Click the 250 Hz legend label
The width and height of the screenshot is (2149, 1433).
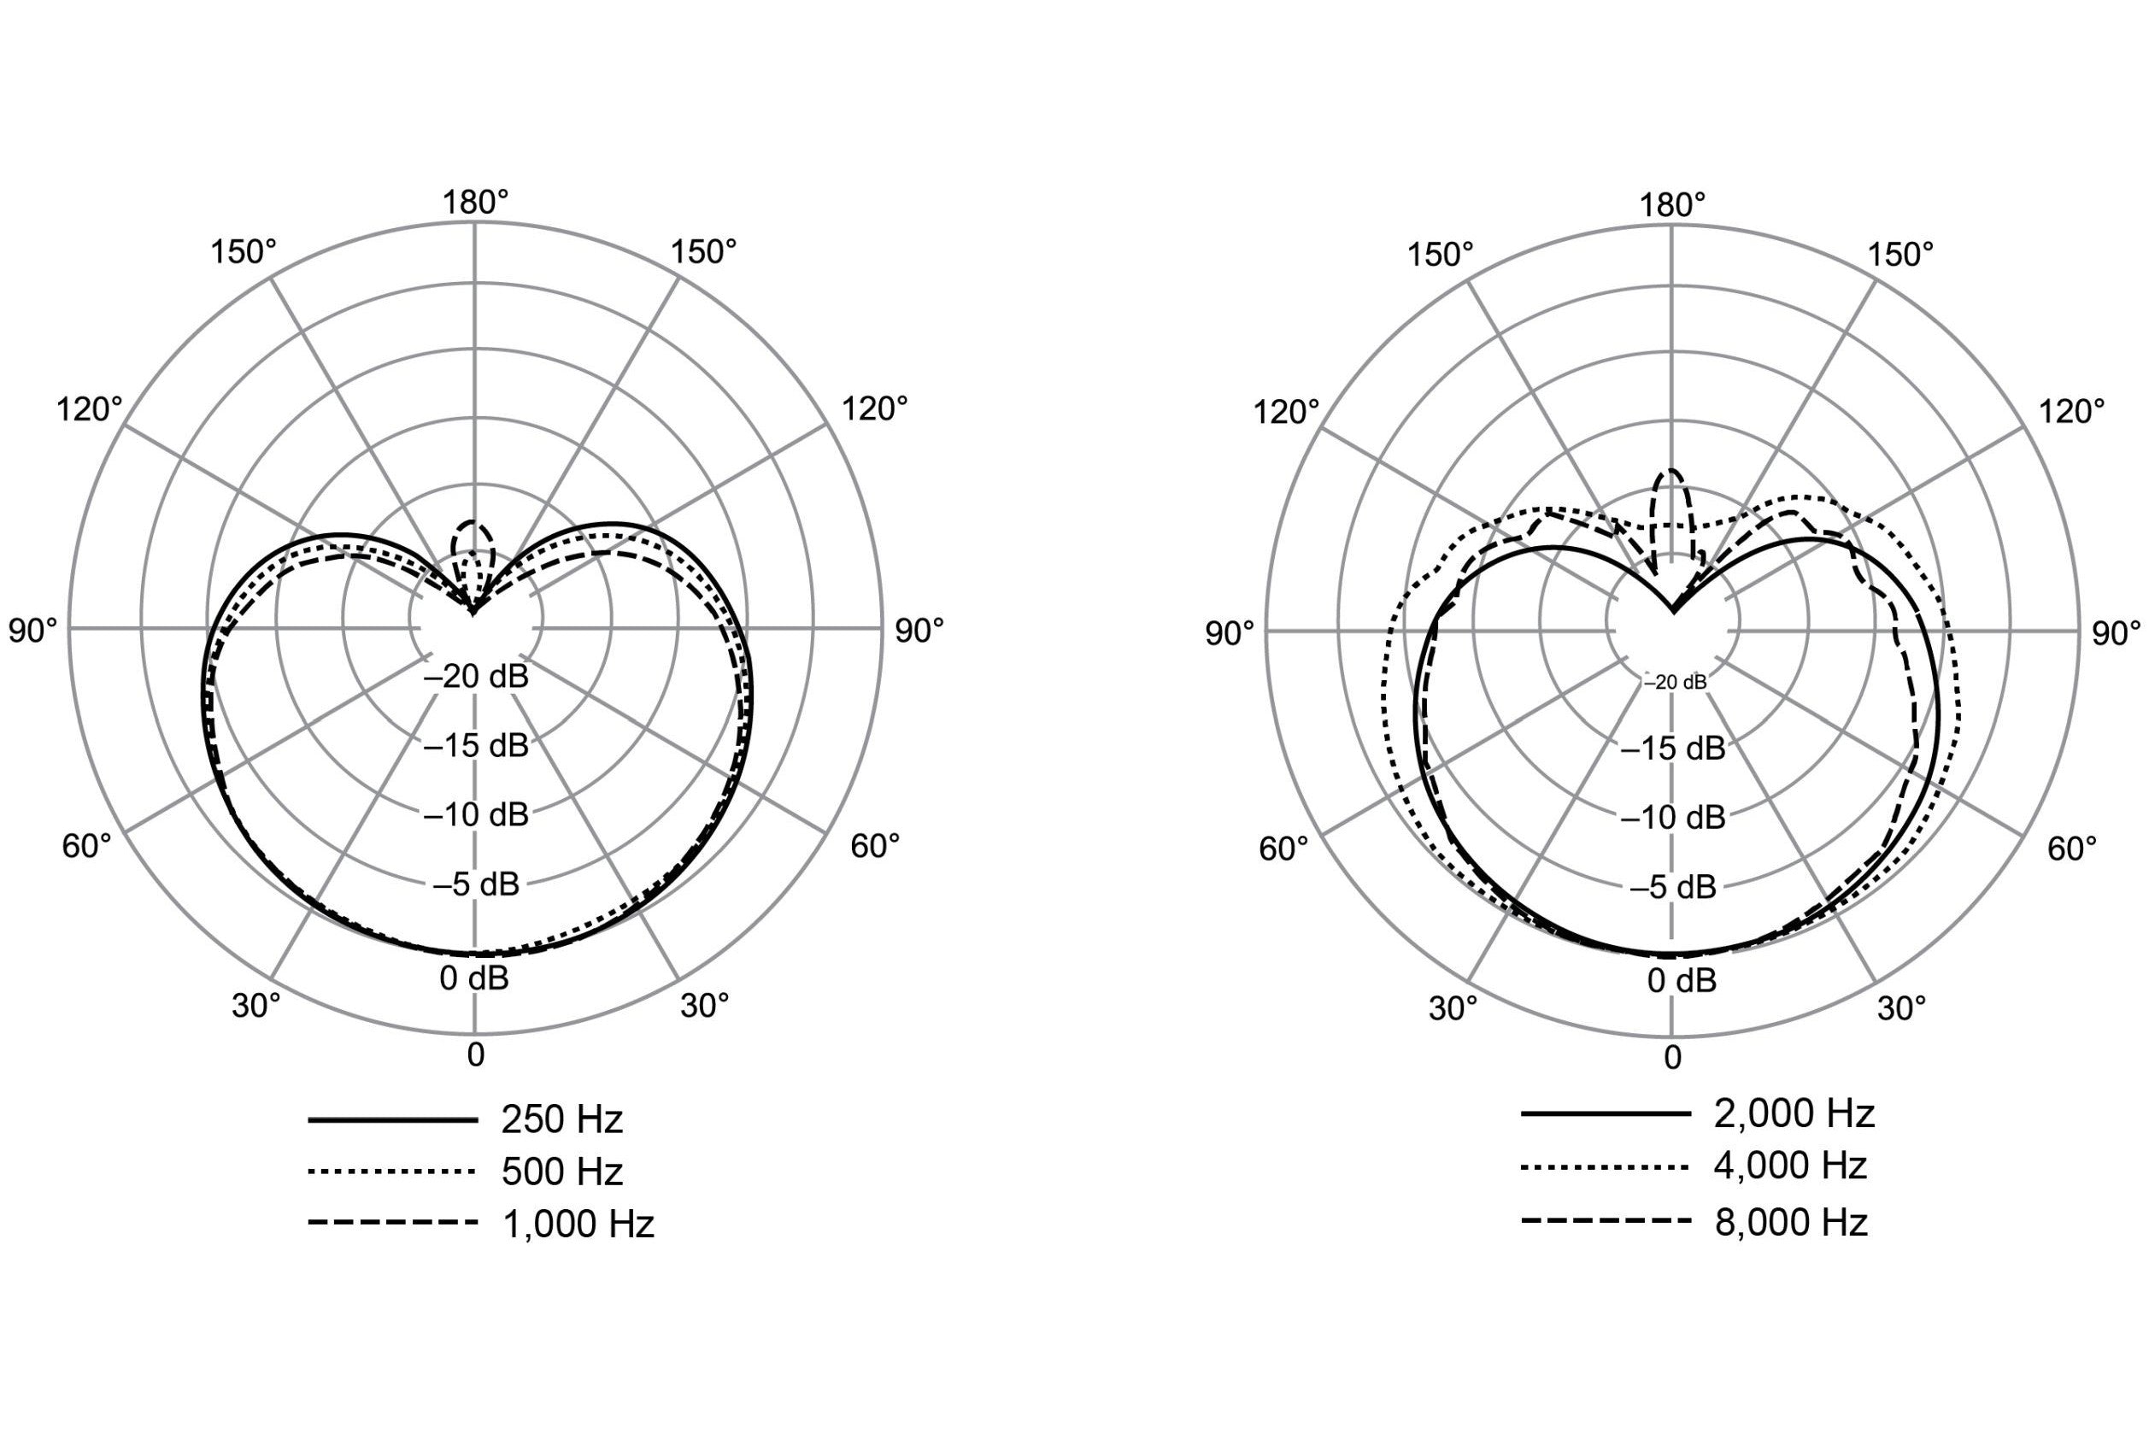pos(562,1119)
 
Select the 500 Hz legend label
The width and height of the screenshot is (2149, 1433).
pos(562,1172)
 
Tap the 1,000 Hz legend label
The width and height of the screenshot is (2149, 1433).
pos(578,1224)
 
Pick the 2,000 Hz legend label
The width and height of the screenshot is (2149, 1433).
pos(1794,1113)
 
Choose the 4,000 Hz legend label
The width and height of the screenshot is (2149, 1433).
pos(1791,1166)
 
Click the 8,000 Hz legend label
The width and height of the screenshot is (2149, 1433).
pos(1791,1222)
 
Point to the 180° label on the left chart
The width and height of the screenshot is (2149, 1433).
pos(476,203)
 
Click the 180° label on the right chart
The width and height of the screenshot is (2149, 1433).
pos(1672,206)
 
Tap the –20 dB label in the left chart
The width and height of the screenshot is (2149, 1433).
pos(476,678)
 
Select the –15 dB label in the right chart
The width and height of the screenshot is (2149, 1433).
pos(1673,749)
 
